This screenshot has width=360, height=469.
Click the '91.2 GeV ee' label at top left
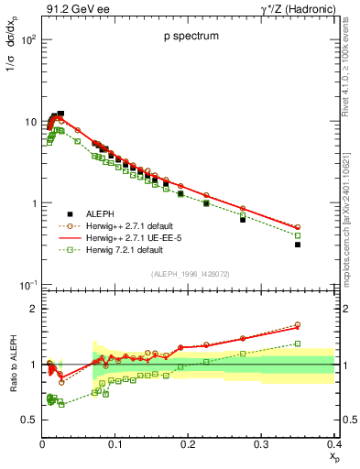(72, 11)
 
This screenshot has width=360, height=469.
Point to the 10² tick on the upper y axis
(28, 41)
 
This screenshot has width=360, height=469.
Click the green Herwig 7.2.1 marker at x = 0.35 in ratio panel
(323, 344)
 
